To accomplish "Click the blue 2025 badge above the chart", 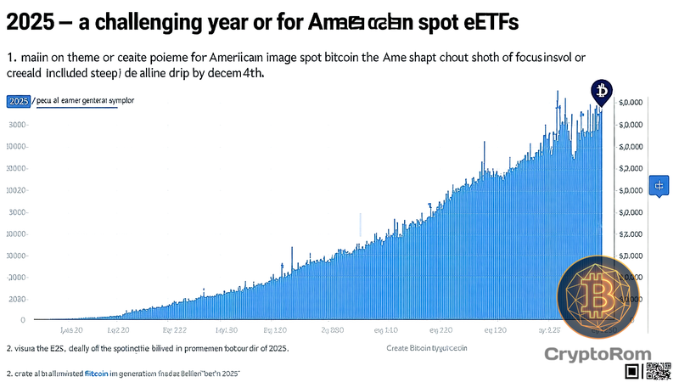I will [x=18, y=101].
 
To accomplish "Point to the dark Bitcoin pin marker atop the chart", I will [x=602, y=91].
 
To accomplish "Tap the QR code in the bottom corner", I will [x=658, y=371].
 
